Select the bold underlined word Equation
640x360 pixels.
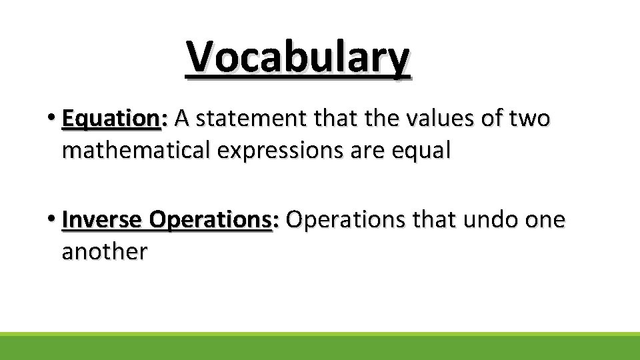[110, 119]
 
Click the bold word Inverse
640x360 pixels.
[102, 219]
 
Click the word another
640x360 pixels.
[104, 251]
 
